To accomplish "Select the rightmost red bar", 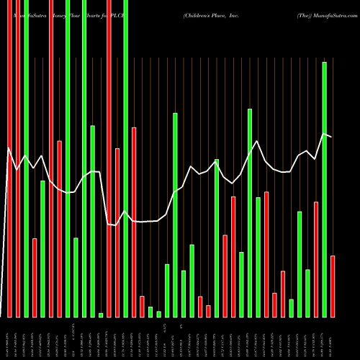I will pos(333,286).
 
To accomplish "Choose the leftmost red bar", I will pos(9,158).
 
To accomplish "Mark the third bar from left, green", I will pos(26,158).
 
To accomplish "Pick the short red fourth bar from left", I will pos(35,277).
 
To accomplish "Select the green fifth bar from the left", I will pos(42,248).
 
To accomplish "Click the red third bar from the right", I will pos(316,259).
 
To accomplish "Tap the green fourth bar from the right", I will pos(307,293).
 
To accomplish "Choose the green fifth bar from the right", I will pos(300,264).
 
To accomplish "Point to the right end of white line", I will pos(331,137).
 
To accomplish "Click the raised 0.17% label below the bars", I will pos(166,328).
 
